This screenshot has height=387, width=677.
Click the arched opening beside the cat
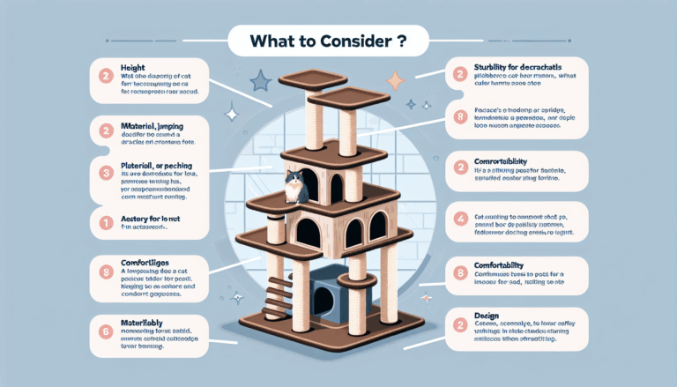[x=336, y=187]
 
